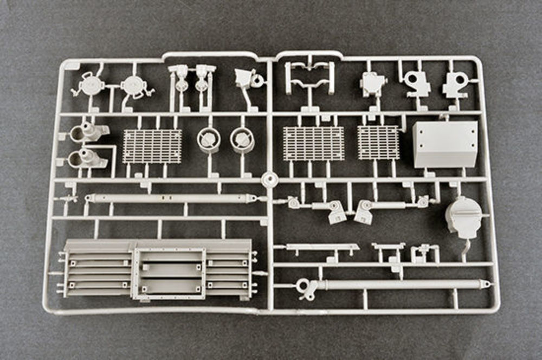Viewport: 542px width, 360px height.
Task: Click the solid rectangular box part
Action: pyautogui.click(x=445, y=144)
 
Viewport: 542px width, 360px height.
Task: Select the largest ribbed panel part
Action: pyautogui.click(x=157, y=268)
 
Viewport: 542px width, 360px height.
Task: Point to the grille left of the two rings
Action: pyautogui.click(x=152, y=146)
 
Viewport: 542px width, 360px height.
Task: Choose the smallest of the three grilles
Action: pyautogui.click(x=378, y=143)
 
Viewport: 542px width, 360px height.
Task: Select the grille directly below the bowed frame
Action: pyautogui.click(x=313, y=144)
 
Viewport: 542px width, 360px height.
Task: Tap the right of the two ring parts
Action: pyautogui.click(x=241, y=139)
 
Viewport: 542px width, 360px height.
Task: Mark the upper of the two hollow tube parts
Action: pyautogui.click(x=87, y=132)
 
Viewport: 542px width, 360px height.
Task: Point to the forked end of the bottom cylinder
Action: pyautogui.click(x=307, y=289)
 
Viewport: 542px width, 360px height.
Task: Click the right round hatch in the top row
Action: pyautogui.click(x=133, y=86)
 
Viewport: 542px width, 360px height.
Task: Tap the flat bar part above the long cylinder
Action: pyautogui.click(x=322, y=247)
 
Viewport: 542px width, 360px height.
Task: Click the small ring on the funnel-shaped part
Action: pyautogui.click(x=257, y=81)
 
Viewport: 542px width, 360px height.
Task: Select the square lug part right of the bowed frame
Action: pyautogui.click(x=373, y=83)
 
